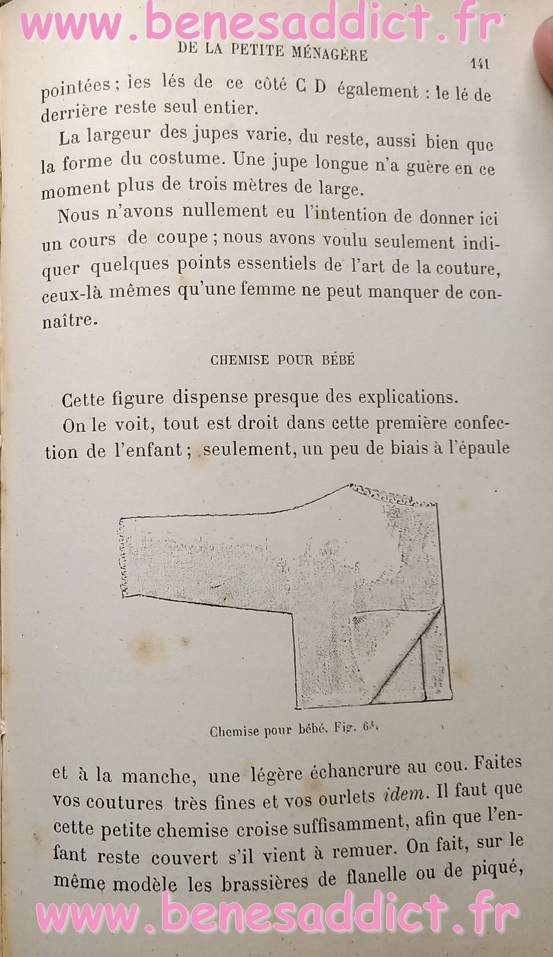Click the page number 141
(x=479, y=63)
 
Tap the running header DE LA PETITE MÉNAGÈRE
(x=273, y=53)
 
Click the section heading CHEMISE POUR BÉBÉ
(x=283, y=360)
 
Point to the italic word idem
(x=405, y=796)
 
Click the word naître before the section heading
(x=69, y=320)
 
